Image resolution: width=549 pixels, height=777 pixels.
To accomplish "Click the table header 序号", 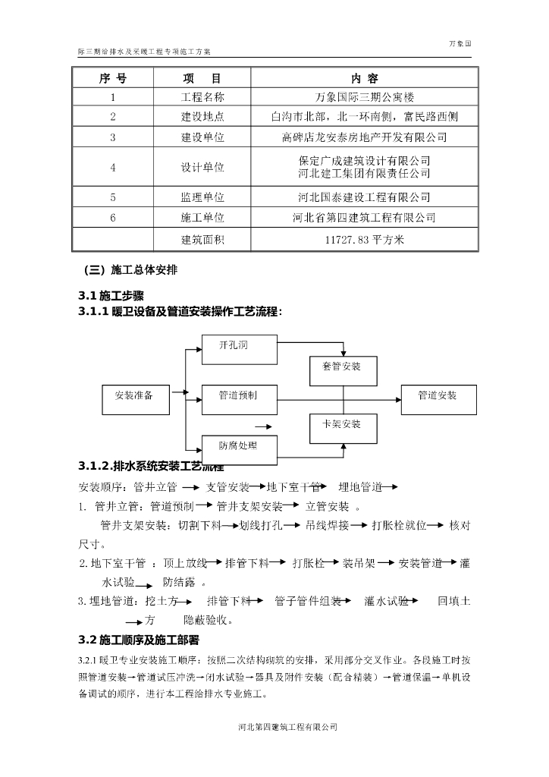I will point(112,79).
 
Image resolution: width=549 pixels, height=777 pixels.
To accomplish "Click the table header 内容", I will point(364,79).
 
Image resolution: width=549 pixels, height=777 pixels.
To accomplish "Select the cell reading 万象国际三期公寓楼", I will point(364,97).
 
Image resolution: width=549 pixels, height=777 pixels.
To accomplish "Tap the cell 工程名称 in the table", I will point(202,97).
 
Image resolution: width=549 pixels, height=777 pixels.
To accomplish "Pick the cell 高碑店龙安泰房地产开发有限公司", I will point(364,137).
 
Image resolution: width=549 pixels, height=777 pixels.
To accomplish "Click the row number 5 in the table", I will point(112,197).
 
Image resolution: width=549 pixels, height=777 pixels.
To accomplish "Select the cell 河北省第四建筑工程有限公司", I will point(364,217).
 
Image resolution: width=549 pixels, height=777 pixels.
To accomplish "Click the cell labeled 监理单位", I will point(202,197).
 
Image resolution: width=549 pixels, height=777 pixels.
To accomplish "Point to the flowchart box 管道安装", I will point(438,396).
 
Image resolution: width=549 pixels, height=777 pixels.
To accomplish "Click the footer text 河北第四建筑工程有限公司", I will point(287,727).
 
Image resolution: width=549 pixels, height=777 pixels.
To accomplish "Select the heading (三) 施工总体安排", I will point(130,269).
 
